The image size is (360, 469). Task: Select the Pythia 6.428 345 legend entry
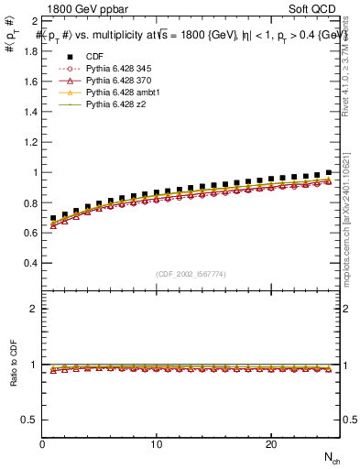point(115,70)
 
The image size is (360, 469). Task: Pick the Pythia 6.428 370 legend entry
point(115,82)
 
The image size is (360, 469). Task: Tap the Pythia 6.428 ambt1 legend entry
point(119,93)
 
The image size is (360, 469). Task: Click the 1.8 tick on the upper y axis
point(31,51)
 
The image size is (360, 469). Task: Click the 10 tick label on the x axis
point(157,444)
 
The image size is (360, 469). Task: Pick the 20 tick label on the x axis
point(270,444)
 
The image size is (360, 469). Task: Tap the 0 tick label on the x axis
point(43,444)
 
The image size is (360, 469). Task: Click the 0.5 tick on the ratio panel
point(31,420)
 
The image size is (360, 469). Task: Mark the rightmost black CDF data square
point(329,172)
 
